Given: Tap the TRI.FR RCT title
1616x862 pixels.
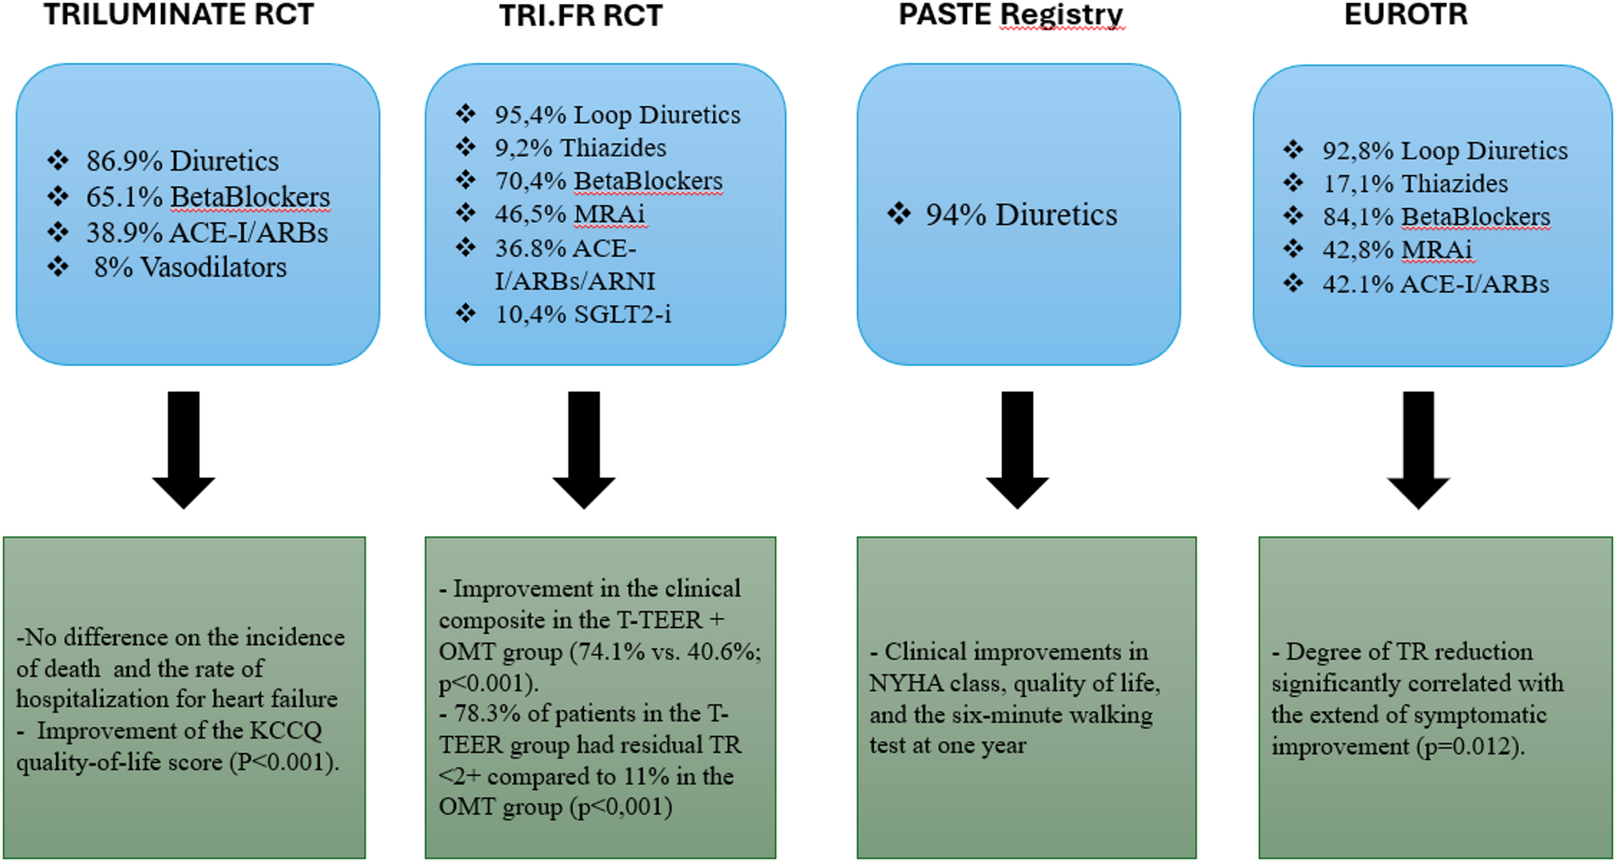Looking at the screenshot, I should point(581,16).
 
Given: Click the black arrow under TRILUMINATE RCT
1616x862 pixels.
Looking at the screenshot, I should point(183,449).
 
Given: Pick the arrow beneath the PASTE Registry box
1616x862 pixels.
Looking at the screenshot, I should point(1017,449).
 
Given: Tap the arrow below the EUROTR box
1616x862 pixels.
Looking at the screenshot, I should point(1418,449).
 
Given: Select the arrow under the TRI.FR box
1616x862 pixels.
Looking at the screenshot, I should point(584,449).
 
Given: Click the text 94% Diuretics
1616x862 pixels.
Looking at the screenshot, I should point(1020,215).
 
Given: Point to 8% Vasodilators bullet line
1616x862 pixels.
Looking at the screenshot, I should point(189,267).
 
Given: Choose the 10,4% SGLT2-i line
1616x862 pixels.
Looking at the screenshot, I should point(582,314).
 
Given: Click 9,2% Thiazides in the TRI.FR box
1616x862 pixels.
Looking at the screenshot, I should point(580,148).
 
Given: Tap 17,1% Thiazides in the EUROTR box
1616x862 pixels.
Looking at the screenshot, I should point(1415,184).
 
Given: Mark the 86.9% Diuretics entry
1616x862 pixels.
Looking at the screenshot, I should point(182,161).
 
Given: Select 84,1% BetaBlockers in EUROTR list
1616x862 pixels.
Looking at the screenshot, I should point(1435,217).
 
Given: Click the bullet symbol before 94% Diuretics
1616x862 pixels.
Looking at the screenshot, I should point(899,214).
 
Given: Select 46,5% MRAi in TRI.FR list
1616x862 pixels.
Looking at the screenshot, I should point(569,214).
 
